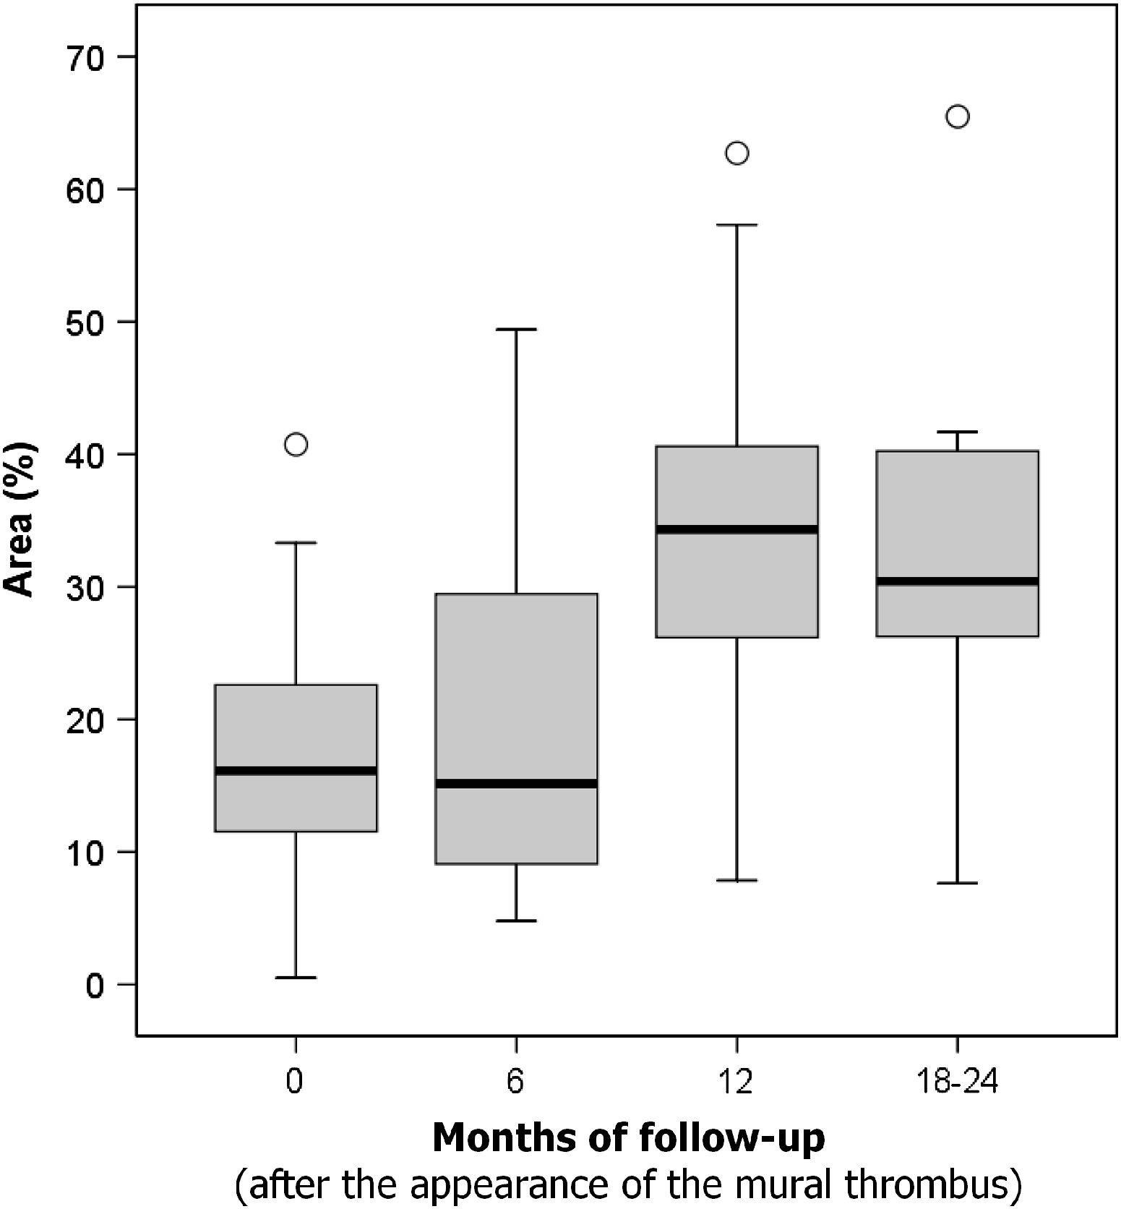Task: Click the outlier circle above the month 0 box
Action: point(296,444)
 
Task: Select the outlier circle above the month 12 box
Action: point(736,153)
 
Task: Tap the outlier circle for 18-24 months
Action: point(957,116)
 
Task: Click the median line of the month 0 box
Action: point(296,771)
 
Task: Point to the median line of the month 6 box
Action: point(516,784)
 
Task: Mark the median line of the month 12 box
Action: point(736,529)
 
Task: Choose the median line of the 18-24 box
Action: point(957,581)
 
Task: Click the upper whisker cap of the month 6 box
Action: point(516,329)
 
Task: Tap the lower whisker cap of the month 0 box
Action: point(296,978)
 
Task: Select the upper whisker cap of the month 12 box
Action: point(736,225)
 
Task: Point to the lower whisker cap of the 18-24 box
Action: point(957,883)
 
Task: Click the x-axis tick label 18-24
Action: point(956,1082)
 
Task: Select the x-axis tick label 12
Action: point(736,1082)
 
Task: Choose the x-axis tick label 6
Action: point(515,1082)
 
